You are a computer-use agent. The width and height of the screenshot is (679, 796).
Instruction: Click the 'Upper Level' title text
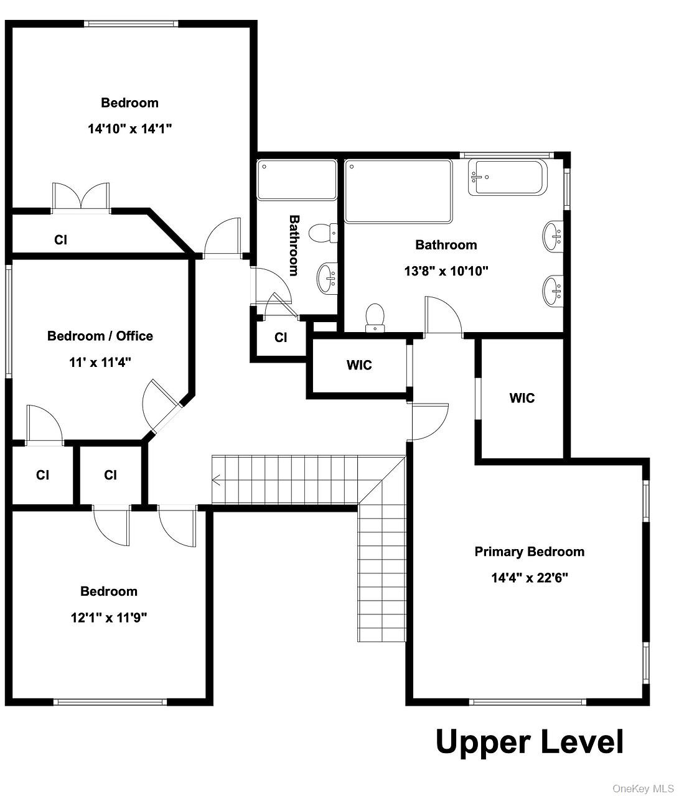point(530,742)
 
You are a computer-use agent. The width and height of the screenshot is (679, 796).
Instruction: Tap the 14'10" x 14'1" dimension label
point(129,129)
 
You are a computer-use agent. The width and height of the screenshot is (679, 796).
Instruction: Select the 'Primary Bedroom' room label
point(530,552)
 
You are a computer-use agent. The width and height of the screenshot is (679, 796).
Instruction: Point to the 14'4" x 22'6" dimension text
point(530,578)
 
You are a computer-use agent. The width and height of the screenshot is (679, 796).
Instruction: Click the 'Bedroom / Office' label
point(100,336)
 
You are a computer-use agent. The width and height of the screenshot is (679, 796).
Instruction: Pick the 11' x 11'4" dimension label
point(100,363)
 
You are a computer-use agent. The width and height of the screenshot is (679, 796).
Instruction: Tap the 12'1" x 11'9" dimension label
point(109,618)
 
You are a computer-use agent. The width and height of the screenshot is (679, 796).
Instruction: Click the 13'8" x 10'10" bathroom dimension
point(446,271)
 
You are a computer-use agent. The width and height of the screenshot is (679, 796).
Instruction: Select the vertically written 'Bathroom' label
point(294,245)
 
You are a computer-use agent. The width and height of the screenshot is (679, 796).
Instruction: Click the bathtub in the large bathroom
point(507,177)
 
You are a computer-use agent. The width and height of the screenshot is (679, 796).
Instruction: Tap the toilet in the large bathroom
point(375,318)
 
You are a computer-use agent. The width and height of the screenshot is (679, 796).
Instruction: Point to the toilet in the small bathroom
point(323,233)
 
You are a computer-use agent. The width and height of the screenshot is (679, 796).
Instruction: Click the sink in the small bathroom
point(327,277)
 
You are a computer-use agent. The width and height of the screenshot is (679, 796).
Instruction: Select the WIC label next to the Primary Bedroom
point(522,398)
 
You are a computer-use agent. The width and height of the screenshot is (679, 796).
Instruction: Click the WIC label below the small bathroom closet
point(359,364)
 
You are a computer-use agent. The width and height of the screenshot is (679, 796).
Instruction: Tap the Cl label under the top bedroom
point(61,240)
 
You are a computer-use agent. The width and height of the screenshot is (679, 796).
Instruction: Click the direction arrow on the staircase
point(216,480)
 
